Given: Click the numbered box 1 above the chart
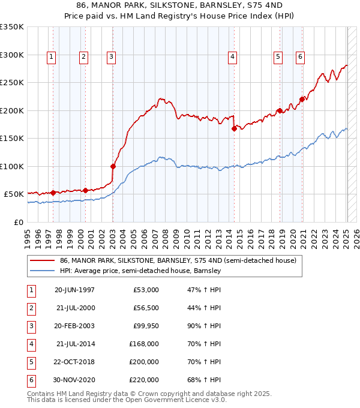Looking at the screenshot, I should point(52,57).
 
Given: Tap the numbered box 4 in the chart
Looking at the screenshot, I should point(232,57).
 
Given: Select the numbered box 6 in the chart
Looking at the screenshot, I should point(300,57).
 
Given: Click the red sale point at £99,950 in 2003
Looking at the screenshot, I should point(113,166).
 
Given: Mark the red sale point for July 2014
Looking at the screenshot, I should point(234,128).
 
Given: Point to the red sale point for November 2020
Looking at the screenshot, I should point(302,100).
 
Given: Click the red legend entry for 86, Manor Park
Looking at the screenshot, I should point(178,261).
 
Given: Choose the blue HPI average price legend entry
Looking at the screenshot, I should point(140,271).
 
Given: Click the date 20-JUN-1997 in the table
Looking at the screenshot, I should point(74,290).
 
